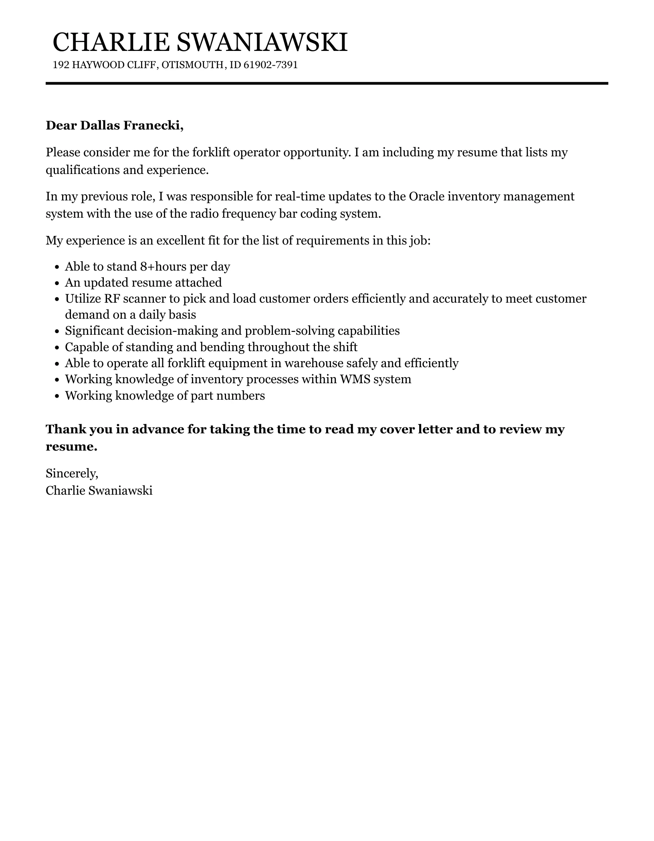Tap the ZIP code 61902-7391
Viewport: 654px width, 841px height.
click(x=270, y=65)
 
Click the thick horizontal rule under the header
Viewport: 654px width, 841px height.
click(x=327, y=83)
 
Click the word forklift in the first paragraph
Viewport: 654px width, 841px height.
click(x=211, y=152)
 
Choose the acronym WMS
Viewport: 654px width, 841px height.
click(x=355, y=379)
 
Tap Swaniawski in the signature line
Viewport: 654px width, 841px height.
click(x=120, y=490)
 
